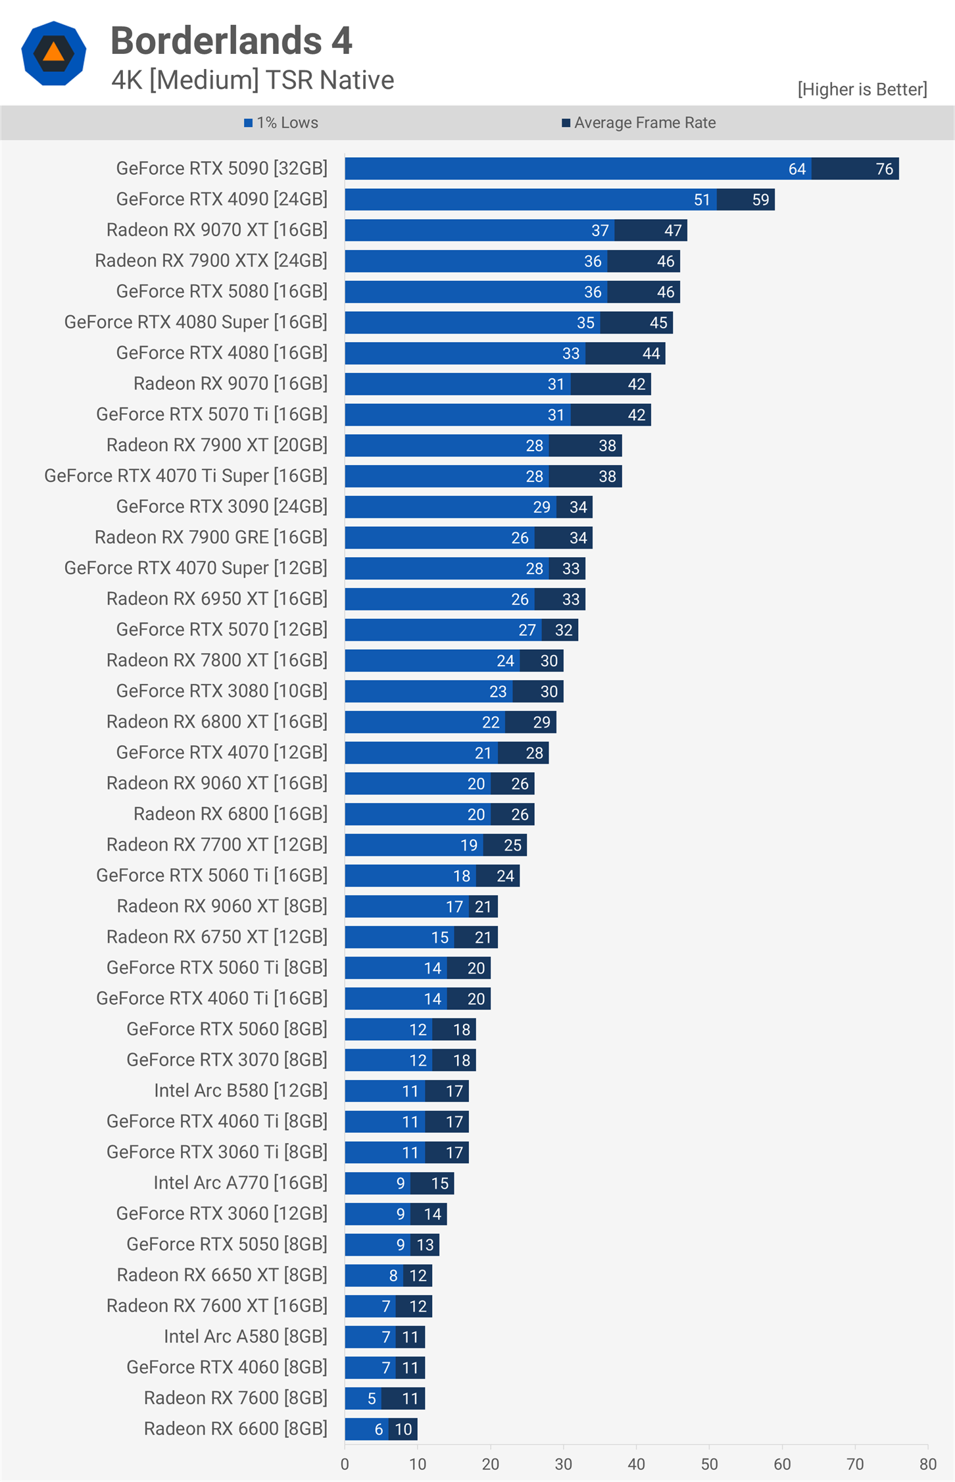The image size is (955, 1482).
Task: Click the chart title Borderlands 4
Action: pyautogui.click(x=231, y=41)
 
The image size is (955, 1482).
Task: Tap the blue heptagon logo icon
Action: pyautogui.click(x=53, y=53)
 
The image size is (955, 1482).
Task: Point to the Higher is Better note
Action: pyautogui.click(x=862, y=89)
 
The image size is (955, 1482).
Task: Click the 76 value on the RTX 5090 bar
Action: pyautogui.click(x=884, y=169)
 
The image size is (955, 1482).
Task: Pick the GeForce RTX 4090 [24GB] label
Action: pyautogui.click(x=222, y=199)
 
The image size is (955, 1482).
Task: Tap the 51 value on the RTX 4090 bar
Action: pyautogui.click(x=702, y=200)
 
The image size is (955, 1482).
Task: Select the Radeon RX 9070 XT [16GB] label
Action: pyautogui.click(x=217, y=230)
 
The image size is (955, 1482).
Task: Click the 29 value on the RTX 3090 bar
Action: pyautogui.click(x=541, y=507)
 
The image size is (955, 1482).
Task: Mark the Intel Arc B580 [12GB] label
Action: pyautogui.click(x=241, y=1091)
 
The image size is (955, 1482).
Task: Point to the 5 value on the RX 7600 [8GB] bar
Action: pyautogui.click(x=372, y=1398)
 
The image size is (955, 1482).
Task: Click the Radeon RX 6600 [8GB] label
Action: pyautogui.click(x=235, y=1429)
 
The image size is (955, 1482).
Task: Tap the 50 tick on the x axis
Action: pyautogui.click(x=709, y=1464)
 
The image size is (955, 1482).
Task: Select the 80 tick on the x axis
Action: pyautogui.click(x=927, y=1464)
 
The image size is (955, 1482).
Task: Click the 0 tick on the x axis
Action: pyautogui.click(x=345, y=1464)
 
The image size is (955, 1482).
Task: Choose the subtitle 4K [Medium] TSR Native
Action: pyautogui.click(x=253, y=80)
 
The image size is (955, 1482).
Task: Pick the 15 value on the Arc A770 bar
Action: pyautogui.click(x=439, y=1183)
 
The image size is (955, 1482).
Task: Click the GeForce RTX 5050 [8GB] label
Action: pyautogui.click(x=227, y=1245)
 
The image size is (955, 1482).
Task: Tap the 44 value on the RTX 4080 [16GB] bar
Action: pyautogui.click(x=650, y=354)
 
